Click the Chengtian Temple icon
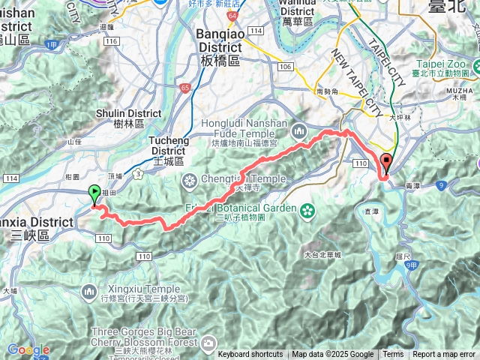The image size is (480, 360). (188, 180)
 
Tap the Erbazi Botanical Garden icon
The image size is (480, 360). (306, 211)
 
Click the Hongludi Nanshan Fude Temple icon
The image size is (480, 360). (300, 130)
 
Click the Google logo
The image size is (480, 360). (28, 349)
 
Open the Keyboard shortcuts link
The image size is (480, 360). (250, 355)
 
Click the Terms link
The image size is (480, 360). (393, 355)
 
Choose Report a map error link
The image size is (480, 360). (443, 355)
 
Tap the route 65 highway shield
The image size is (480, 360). (184, 88)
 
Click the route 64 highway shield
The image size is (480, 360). (232, 14)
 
